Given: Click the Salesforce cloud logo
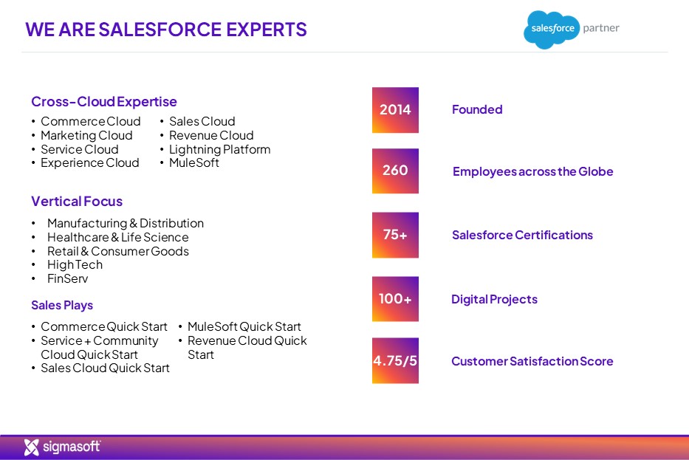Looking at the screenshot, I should [x=550, y=30].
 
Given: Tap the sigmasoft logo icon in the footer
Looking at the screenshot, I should [x=32, y=447].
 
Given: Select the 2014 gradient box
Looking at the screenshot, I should [x=395, y=110].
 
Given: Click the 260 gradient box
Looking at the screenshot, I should [x=395, y=171].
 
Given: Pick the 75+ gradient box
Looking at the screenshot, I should [x=395, y=235].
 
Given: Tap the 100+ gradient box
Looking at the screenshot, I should [x=395, y=299].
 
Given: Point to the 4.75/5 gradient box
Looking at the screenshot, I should [x=395, y=361].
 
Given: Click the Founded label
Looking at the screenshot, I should [x=477, y=110].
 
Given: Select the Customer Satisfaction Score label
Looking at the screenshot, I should [x=532, y=361].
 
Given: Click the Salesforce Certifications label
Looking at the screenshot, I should [x=522, y=235].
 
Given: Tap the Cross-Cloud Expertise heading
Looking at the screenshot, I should [x=104, y=102].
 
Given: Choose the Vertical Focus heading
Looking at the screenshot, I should [x=77, y=201].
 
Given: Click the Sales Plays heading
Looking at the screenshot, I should [x=62, y=305].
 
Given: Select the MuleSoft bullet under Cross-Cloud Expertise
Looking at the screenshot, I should [x=193, y=163].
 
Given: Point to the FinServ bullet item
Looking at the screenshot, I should [x=67, y=279].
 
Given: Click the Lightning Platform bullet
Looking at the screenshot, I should [x=219, y=149].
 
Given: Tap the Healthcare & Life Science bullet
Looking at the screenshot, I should [x=117, y=237].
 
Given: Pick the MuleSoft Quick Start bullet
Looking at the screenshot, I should [x=244, y=326].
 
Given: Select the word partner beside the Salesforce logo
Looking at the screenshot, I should [x=601, y=28].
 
